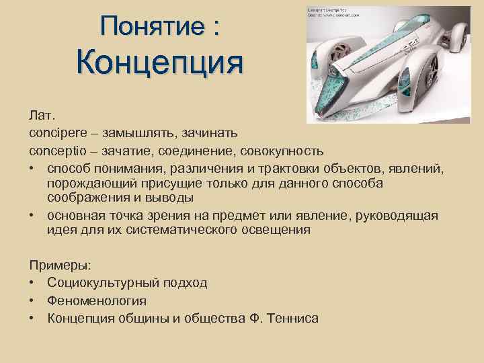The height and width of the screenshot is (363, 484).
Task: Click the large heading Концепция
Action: pyautogui.click(x=159, y=65)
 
